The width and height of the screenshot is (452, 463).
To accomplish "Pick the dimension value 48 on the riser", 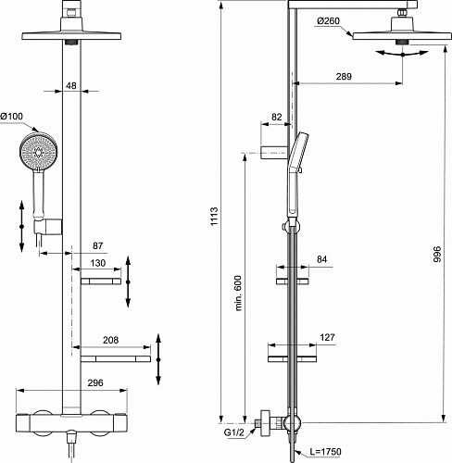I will click(71, 87).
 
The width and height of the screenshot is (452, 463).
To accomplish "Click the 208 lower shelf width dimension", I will click(109, 341).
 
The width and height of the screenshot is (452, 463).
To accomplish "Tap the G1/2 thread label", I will click(236, 432).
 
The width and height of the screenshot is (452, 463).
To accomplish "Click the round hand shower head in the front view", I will click(38, 151).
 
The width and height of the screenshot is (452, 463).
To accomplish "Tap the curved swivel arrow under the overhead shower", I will click(402, 55).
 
